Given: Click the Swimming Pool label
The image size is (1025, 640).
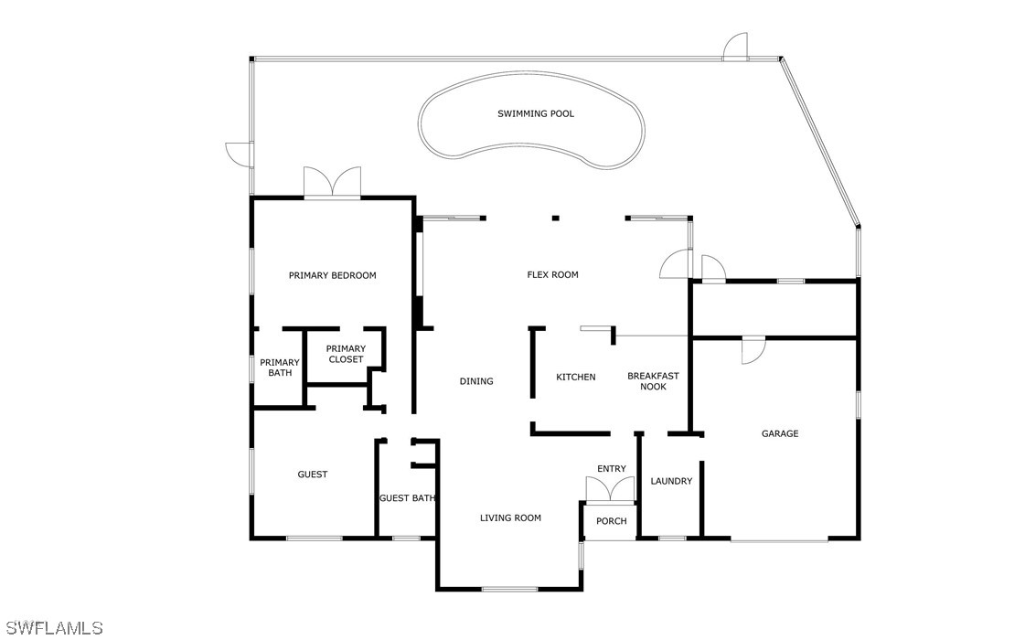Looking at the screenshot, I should [536, 114].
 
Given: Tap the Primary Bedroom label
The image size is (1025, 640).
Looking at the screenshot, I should [332, 275].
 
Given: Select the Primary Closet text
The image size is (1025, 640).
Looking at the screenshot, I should [346, 354].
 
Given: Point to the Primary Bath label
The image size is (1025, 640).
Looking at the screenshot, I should [279, 368].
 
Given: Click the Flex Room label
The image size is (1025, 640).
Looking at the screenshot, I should [552, 274].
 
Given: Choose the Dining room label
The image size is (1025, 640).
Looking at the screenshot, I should [476, 381].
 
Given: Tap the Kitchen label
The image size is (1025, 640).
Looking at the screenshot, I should [576, 377].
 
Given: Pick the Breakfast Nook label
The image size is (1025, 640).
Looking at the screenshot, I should [653, 381].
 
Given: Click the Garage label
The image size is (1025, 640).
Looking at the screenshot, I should [780, 433].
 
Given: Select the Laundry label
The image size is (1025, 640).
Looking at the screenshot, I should [671, 481].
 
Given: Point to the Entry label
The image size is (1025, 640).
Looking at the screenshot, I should [612, 469].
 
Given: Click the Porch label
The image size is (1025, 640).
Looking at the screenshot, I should [612, 521].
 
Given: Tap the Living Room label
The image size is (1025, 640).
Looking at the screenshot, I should [510, 517].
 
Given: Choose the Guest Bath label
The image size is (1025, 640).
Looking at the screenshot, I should [407, 498].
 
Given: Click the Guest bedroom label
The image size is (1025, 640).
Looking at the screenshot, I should [313, 474].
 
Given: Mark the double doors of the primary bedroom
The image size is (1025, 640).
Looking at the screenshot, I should [332, 183].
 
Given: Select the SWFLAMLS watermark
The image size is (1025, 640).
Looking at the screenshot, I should [53, 628].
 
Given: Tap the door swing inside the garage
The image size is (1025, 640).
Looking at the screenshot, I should [753, 350].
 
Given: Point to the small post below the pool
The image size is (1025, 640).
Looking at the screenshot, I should [554, 218].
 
